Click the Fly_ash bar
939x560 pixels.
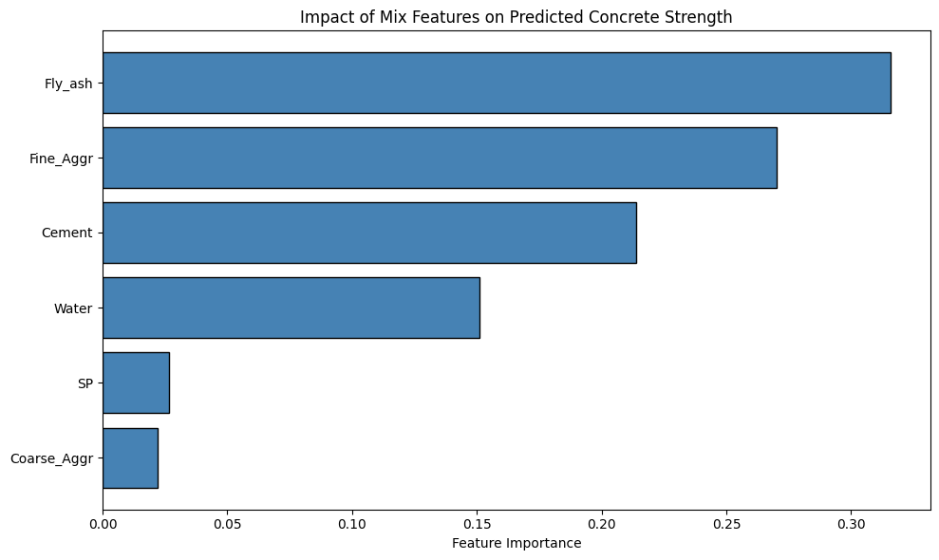click(497, 83)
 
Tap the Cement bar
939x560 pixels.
click(369, 233)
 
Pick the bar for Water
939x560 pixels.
click(291, 308)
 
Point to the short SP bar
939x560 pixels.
click(136, 383)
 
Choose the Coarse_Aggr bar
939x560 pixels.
click(130, 457)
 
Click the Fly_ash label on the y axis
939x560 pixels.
click(68, 84)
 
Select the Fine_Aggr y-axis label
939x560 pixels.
click(61, 159)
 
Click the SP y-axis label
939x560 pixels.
click(85, 383)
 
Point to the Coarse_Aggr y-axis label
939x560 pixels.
click(51, 458)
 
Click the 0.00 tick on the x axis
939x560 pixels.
click(103, 524)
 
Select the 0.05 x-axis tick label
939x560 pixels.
click(227, 524)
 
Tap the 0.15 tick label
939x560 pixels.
click(477, 524)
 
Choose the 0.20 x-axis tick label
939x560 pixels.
click(602, 524)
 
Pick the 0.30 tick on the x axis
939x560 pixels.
click(852, 524)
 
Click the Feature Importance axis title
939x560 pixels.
click(516, 543)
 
